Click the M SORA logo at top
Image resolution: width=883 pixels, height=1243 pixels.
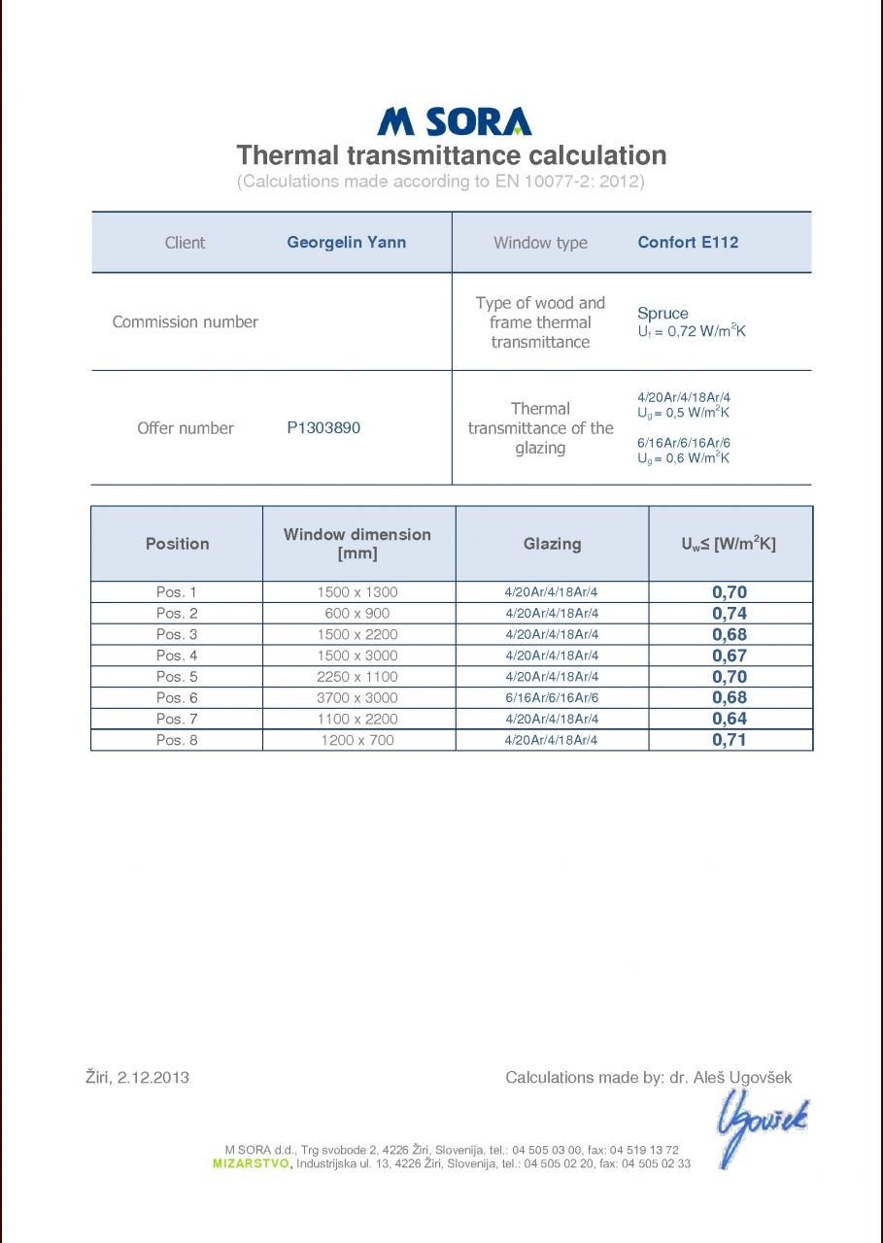pos(454,121)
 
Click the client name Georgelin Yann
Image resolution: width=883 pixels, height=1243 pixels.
pos(346,242)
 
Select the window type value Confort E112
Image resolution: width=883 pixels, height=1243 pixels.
pos(688,242)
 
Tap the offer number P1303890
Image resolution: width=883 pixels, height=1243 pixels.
pos(323,427)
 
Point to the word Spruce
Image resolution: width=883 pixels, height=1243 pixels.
pos(662,314)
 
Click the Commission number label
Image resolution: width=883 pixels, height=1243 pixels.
pos(186,321)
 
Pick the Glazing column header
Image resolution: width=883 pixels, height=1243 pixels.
pos(552,544)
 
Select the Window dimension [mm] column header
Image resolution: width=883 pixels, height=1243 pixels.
pos(357,544)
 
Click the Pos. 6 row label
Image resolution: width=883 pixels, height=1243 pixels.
pos(177,697)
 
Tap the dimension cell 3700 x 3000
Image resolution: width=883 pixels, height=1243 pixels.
pos(357,697)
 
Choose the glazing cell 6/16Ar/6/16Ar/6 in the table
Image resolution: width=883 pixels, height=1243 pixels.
pos(552,697)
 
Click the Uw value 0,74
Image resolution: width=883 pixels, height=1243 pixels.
pos(730,613)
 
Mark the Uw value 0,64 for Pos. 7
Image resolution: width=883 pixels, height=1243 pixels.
pos(730,719)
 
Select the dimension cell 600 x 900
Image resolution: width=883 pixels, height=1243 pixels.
pos(357,613)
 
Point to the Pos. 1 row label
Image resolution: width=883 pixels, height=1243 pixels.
pos(177,591)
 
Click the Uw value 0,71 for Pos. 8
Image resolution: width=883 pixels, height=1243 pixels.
pos(730,740)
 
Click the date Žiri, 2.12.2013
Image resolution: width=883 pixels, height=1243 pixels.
pos(137,1077)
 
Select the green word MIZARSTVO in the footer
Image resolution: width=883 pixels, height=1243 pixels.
pos(251,1163)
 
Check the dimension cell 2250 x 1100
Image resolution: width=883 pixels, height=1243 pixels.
pos(357,676)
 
